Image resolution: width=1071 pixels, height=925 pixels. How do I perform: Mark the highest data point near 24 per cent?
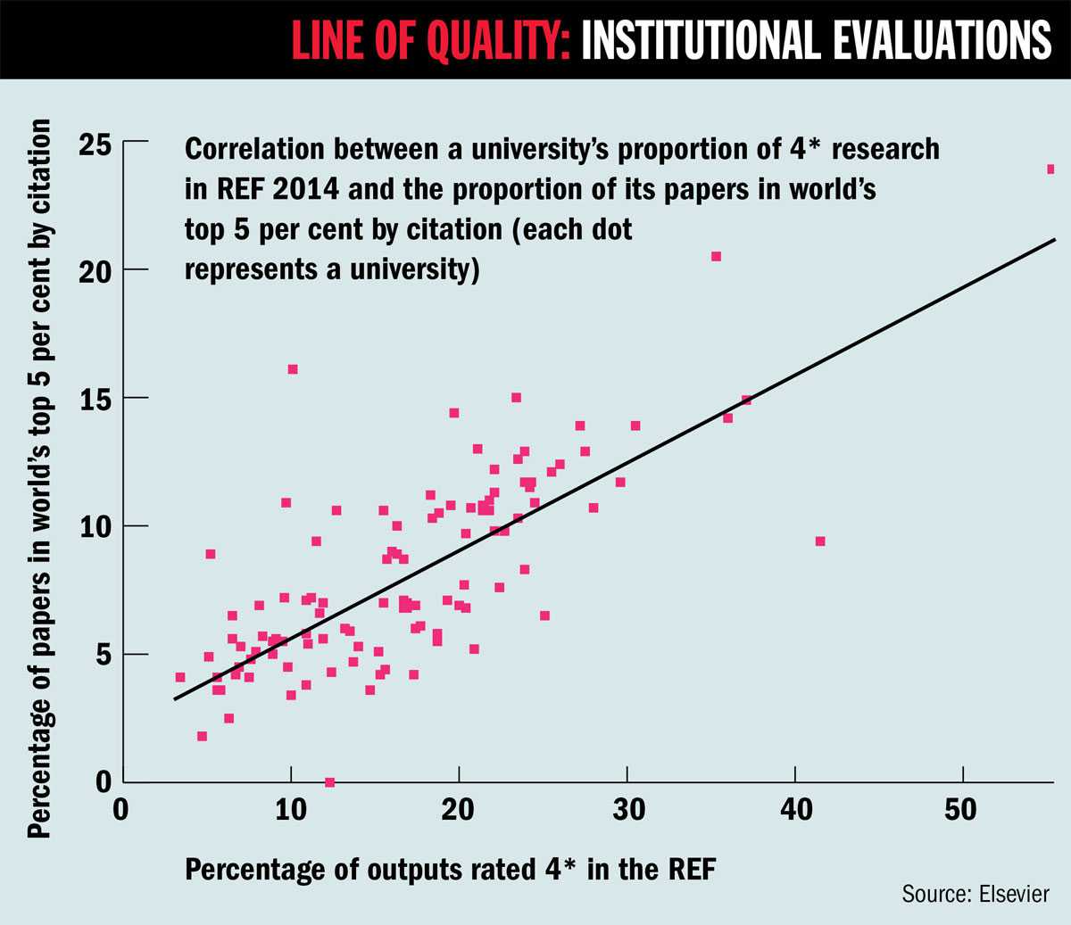click(1051, 169)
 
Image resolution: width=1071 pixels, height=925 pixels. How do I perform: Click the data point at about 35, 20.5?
click(716, 256)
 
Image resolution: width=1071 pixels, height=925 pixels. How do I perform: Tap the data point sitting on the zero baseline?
click(329, 782)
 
